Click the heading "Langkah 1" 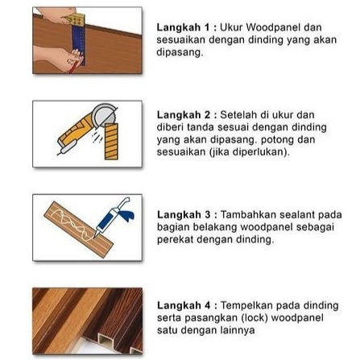coord(183,27)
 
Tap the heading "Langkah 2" coord(184,115)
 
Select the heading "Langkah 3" coord(184,215)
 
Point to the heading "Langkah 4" coord(184,305)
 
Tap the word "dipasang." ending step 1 coord(180,52)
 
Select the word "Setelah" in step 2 coord(238,115)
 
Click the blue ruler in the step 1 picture coord(79,46)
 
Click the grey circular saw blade coord(106,114)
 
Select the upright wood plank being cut coord(111,142)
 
